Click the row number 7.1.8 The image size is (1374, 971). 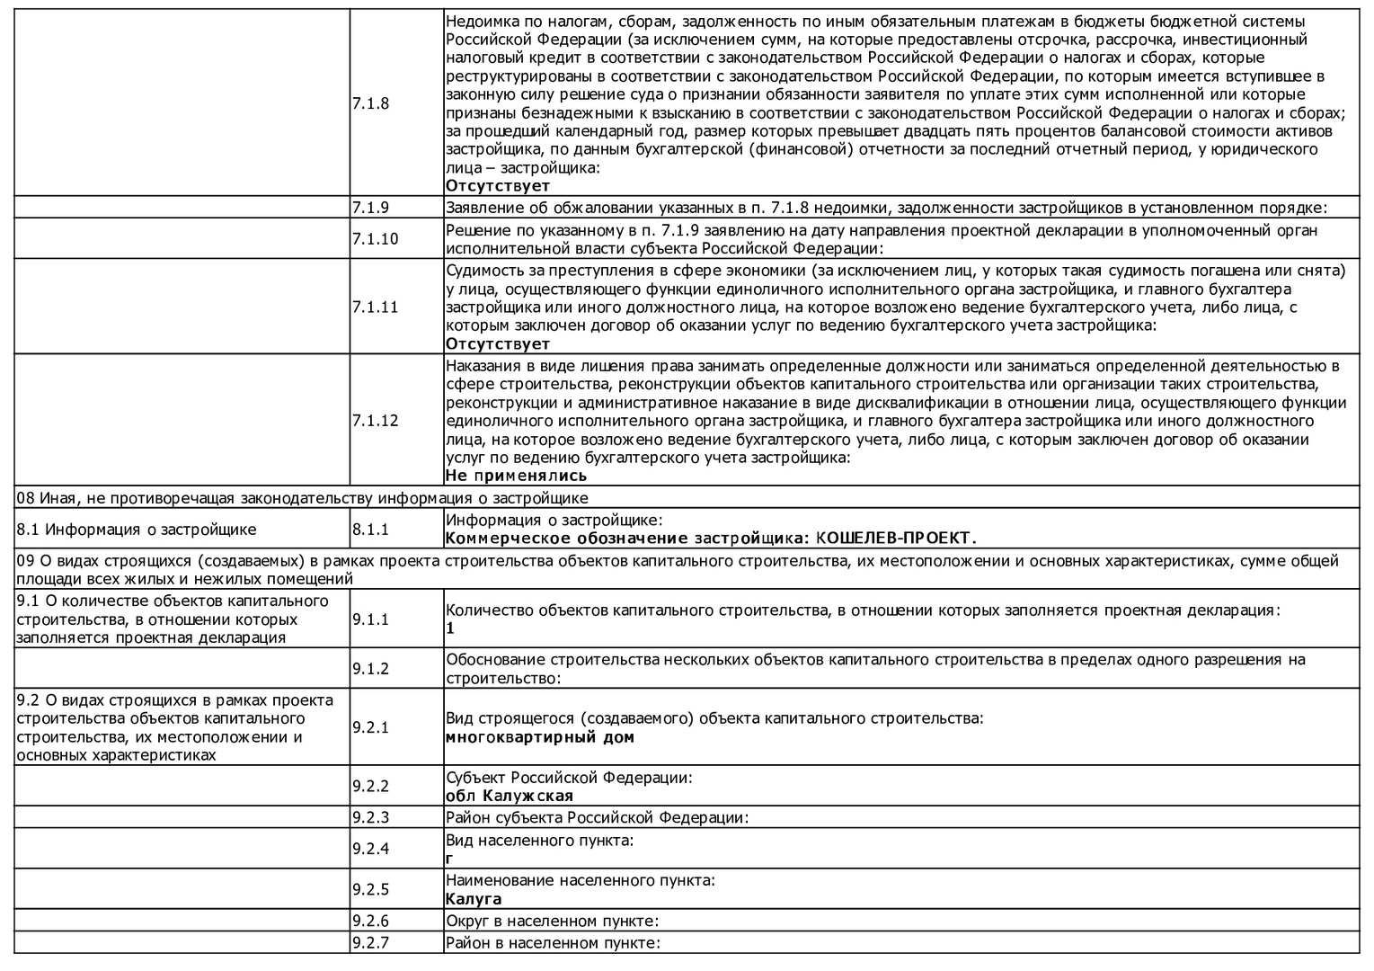(370, 103)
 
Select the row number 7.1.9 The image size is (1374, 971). (370, 208)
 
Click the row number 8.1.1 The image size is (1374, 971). (370, 530)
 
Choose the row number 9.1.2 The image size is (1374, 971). (370, 669)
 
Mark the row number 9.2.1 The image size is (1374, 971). (370, 727)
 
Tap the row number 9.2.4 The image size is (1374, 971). (370, 849)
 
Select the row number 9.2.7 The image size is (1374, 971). (370, 943)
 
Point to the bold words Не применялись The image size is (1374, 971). (516, 476)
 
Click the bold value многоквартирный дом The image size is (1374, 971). (539, 737)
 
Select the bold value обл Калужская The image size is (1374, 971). (509, 796)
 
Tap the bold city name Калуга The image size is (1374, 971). (474, 899)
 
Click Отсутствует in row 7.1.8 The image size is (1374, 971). (498, 186)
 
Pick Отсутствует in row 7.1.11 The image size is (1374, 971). (498, 343)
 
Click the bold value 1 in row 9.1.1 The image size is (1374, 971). (450, 628)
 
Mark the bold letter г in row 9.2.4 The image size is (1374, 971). (449, 859)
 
